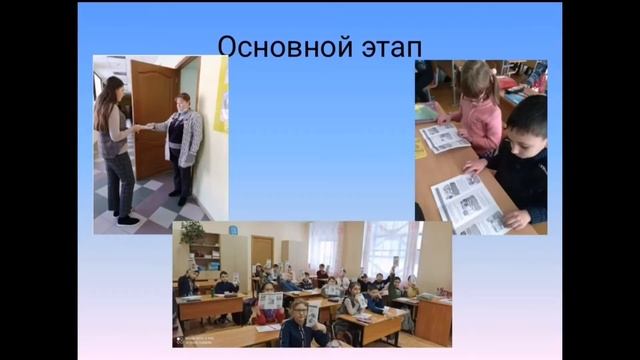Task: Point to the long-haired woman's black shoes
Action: click(125, 218)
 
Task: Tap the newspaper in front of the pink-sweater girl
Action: click(443, 137)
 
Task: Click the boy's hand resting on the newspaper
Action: click(514, 217)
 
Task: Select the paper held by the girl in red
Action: click(271, 300)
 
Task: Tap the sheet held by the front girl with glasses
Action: click(312, 316)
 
